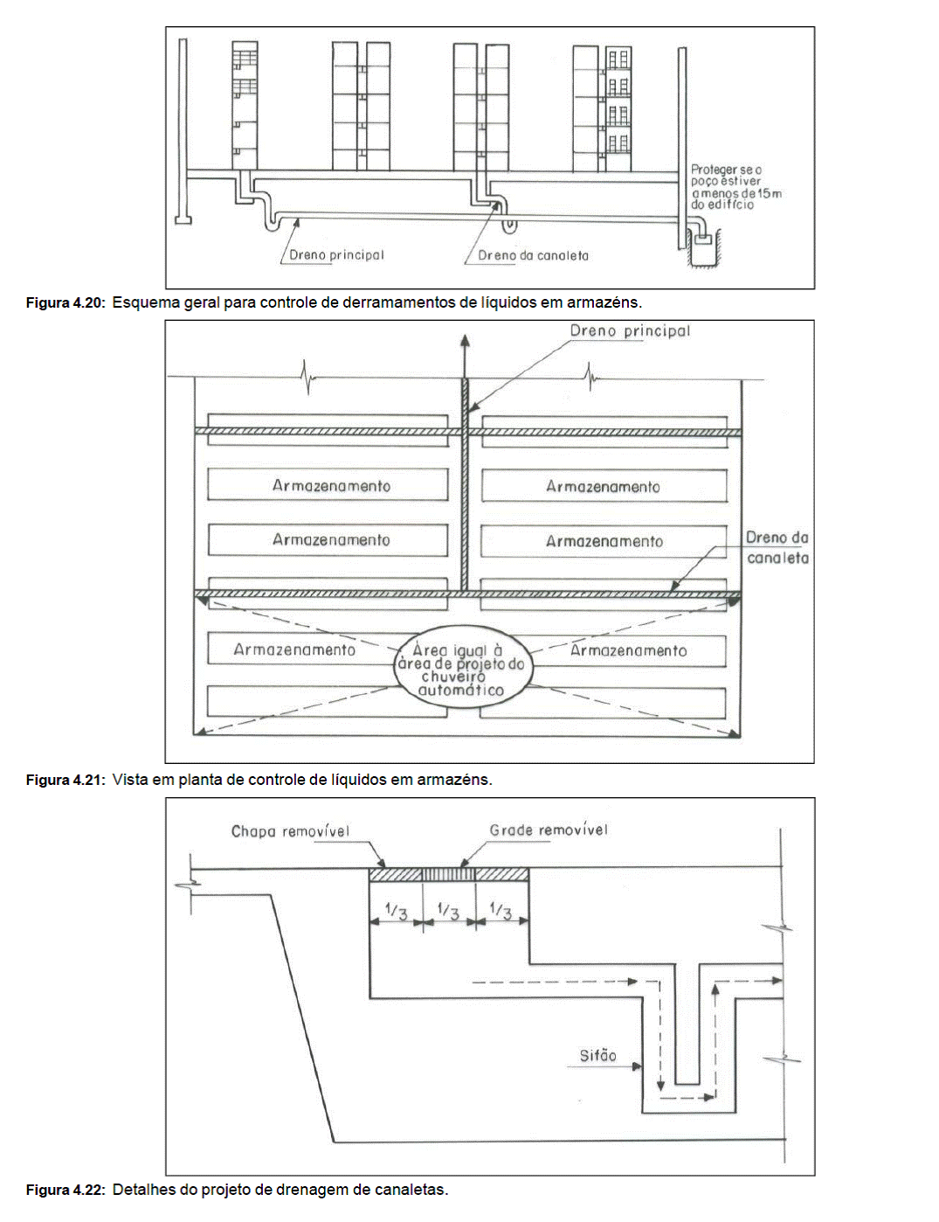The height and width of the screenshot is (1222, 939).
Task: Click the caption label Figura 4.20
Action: tap(66, 303)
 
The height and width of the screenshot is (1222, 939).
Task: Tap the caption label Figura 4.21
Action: tap(66, 780)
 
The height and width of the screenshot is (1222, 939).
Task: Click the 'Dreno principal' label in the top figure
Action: tap(336, 255)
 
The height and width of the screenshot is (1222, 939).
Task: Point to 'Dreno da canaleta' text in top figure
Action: tap(533, 256)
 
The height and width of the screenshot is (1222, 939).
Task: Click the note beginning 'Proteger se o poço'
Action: tap(735, 187)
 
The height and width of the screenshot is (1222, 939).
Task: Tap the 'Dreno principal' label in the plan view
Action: tap(630, 331)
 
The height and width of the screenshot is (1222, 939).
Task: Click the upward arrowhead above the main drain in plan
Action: tap(465, 341)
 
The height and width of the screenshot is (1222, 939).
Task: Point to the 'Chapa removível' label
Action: tap(291, 832)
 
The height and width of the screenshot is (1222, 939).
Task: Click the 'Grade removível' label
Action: tap(549, 830)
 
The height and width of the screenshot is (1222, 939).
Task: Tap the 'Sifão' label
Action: tap(598, 1056)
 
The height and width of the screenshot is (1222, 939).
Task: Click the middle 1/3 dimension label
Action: tap(448, 911)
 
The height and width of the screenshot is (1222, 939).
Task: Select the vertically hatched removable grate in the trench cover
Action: tap(448, 875)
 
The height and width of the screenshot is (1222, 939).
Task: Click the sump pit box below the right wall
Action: tap(703, 240)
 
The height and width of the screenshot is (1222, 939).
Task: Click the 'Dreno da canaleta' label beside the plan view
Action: tap(777, 548)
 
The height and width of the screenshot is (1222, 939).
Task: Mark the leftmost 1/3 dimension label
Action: tap(396, 912)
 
